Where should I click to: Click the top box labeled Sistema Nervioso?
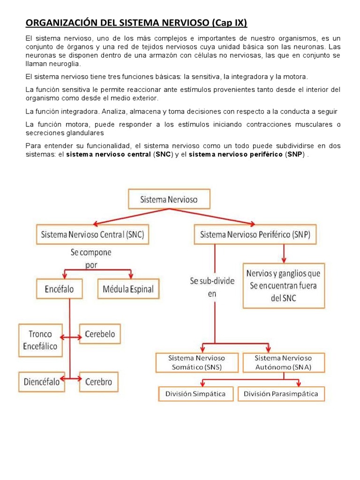pyautogui.click(x=169, y=200)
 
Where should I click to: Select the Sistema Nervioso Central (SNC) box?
pyautogui.click(x=92, y=234)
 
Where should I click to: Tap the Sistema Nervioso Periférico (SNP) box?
pyautogui.click(x=255, y=234)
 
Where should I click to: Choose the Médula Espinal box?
pyautogui.click(x=128, y=289)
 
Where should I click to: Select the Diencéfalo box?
pyautogui.click(x=42, y=382)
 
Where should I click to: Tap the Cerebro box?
pyautogui.click(x=99, y=382)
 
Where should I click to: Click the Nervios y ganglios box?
pyautogui.click(x=284, y=285)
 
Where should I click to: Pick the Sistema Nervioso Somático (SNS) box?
pyautogui.click(x=197, y=362)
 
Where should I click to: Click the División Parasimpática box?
pyautogui.click(x=281, y=394)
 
